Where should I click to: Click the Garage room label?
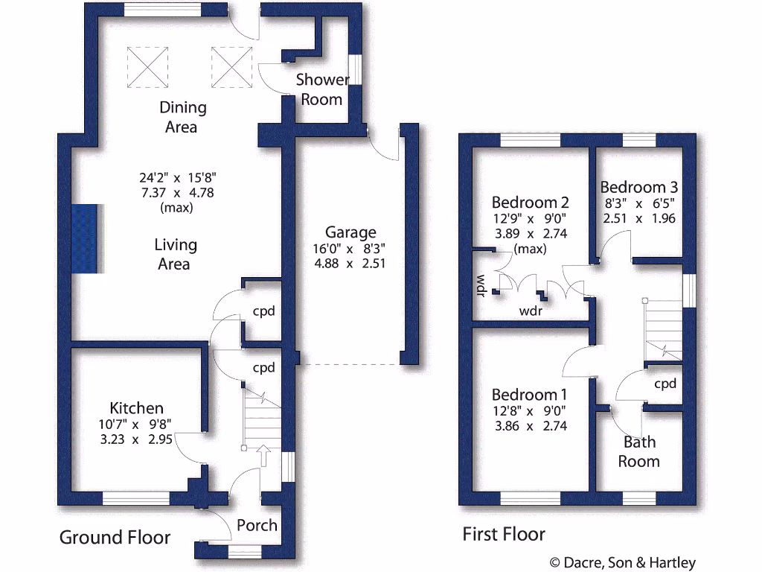tap(350, 232)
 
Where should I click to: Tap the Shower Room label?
tap(322, 89)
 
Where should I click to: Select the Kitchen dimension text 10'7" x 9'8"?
tap(136, 425)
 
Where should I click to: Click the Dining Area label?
tap(182, 117)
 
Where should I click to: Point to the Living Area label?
tap(176, 254)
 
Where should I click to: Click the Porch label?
tap(257, 525)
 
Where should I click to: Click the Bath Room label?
tap(639, 451)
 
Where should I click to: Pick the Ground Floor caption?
tap(115, 537)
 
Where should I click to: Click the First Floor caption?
tap(504, 534)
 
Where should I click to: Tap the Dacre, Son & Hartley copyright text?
tap(622, 562)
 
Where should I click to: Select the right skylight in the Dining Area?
tap(232, 66)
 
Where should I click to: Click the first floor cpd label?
tap(665, 384)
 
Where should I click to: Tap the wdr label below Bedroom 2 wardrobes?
tap(531, 311)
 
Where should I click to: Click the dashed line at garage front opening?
tap(350, 364)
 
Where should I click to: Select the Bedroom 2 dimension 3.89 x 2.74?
tap(530, 234)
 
